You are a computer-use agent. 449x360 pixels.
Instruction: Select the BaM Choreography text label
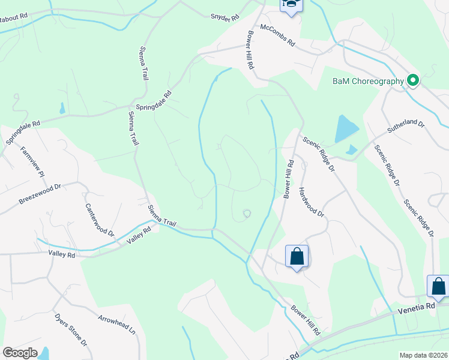coord(368,81)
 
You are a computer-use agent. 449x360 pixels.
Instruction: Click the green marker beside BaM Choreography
coord(412,80)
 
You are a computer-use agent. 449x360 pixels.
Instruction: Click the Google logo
coord(20,353)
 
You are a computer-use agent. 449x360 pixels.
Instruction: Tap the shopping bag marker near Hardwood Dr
coord(297,257)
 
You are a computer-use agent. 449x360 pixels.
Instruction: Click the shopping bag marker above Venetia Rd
coord(438,286)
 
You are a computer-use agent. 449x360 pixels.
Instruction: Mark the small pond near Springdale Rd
coord(62,109)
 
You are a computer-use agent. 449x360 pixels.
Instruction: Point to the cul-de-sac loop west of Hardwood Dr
coord(247,214)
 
